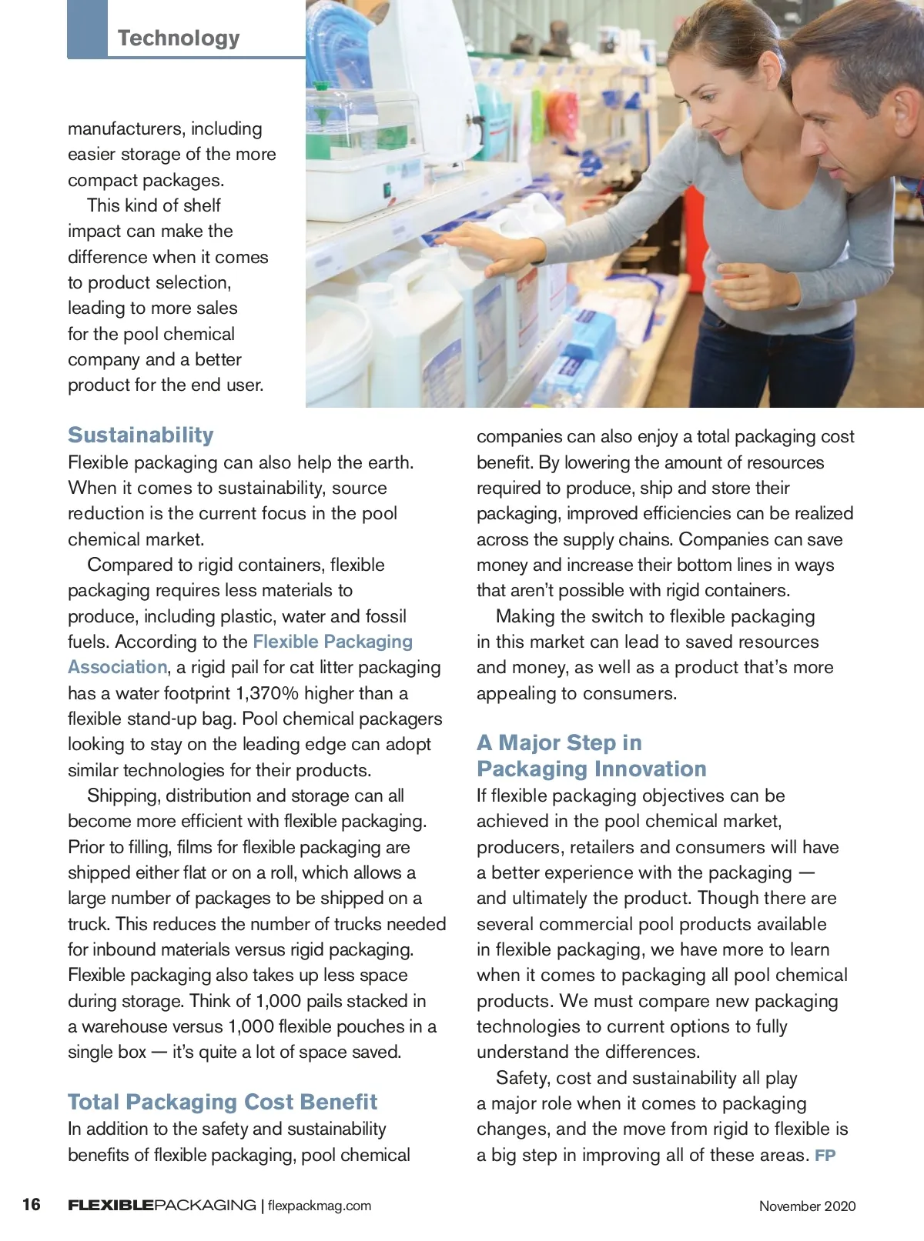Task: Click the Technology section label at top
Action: (179, 38)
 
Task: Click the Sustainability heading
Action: (141, 435)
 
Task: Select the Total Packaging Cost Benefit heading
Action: (223, 1102)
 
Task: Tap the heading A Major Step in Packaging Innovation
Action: (591, 756)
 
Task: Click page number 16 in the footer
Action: (32, 1204)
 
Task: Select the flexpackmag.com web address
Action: (320, 1206)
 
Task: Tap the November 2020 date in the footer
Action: (807, 1206)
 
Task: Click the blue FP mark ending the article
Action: (825, 1156)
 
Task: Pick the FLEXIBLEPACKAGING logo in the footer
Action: (162, 1205)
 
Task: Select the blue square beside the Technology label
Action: (87, 28)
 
